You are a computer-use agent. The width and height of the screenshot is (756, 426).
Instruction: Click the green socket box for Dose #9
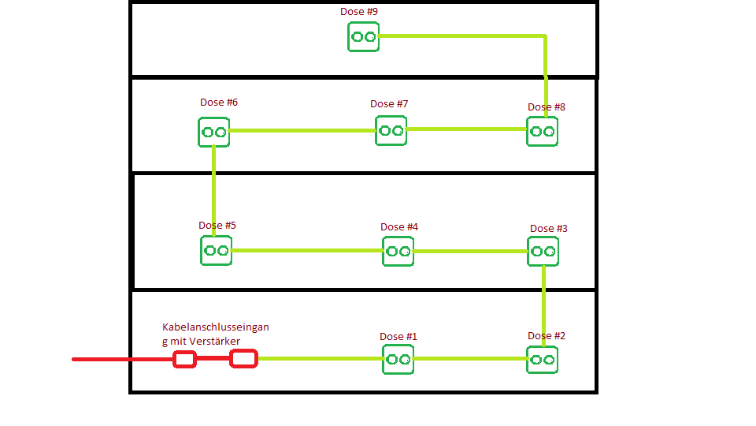click(363, 36)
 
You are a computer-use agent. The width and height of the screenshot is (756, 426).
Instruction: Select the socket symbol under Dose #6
click(213, 132)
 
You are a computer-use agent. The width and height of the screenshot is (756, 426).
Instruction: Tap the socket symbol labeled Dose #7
click(391, 130)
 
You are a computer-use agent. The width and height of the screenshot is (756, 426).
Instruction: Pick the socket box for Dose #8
click(542, 131)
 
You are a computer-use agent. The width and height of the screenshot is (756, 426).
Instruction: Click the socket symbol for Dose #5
click(216, 250)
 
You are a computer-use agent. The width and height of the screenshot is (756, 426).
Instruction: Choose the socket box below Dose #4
click(398, 251)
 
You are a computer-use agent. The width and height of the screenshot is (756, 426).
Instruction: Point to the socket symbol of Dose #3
click(543, 251)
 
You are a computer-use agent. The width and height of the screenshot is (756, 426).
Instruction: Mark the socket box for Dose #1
click(398, 359)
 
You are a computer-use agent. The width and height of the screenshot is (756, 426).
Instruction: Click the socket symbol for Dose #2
click(542, 359)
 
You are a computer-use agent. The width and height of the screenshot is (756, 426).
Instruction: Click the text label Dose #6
click(219, 103)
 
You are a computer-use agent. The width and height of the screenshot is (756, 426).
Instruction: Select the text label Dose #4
click(399, 227)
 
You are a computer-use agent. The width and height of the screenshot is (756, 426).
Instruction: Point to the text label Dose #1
click(398, 337)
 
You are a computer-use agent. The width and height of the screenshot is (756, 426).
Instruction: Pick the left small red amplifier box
click(184, 359)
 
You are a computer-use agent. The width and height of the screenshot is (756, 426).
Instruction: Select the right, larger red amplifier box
click(243, 359)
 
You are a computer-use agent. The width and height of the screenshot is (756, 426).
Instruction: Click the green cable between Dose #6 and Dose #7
click(302, 130)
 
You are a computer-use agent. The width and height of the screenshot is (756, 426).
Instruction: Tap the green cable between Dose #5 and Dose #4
click(307, 251)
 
